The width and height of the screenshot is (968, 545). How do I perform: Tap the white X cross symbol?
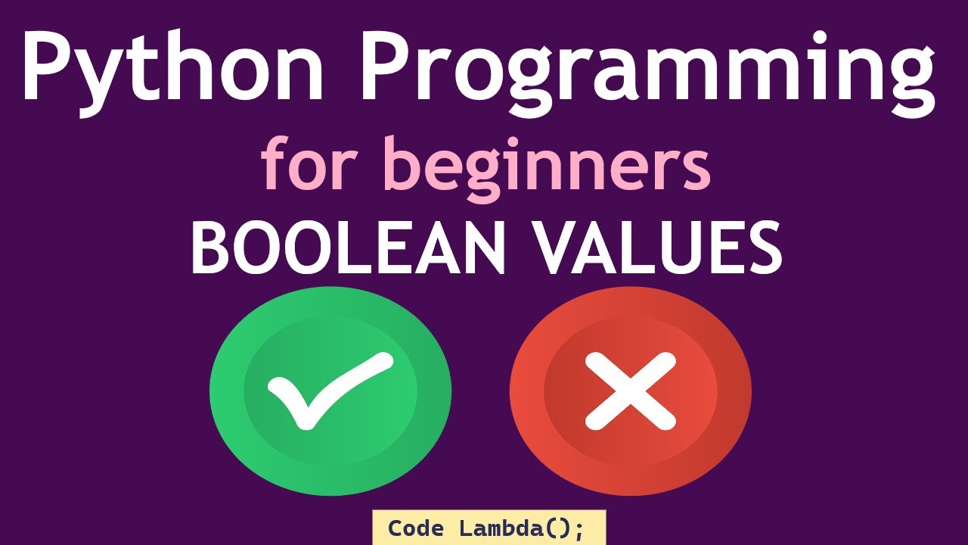click(x=631, y=391)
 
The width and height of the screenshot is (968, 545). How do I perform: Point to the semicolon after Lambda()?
click(x=579, y=530)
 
